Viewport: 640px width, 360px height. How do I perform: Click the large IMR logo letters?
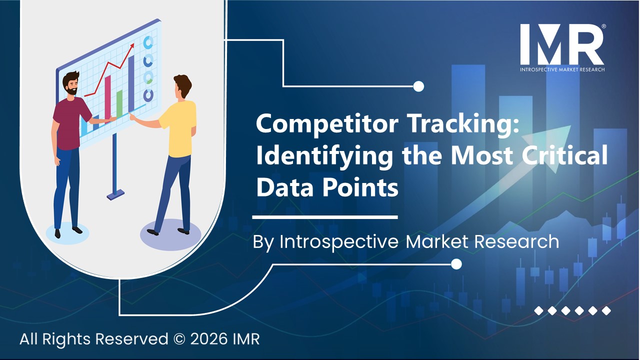coord(561,44)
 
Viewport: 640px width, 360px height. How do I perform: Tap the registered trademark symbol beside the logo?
coord(603,26)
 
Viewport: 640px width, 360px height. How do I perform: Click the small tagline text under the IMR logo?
coord(562,69)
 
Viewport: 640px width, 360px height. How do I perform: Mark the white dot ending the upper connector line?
coord(419,86)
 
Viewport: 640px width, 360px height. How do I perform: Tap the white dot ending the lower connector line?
coord(456,263)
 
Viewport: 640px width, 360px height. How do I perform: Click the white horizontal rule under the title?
coord(324,217)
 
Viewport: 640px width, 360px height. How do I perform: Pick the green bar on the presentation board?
coord(119,102)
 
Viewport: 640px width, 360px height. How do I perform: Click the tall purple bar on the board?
coord(131,82)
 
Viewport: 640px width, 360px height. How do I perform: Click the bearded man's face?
coord(71,84)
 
